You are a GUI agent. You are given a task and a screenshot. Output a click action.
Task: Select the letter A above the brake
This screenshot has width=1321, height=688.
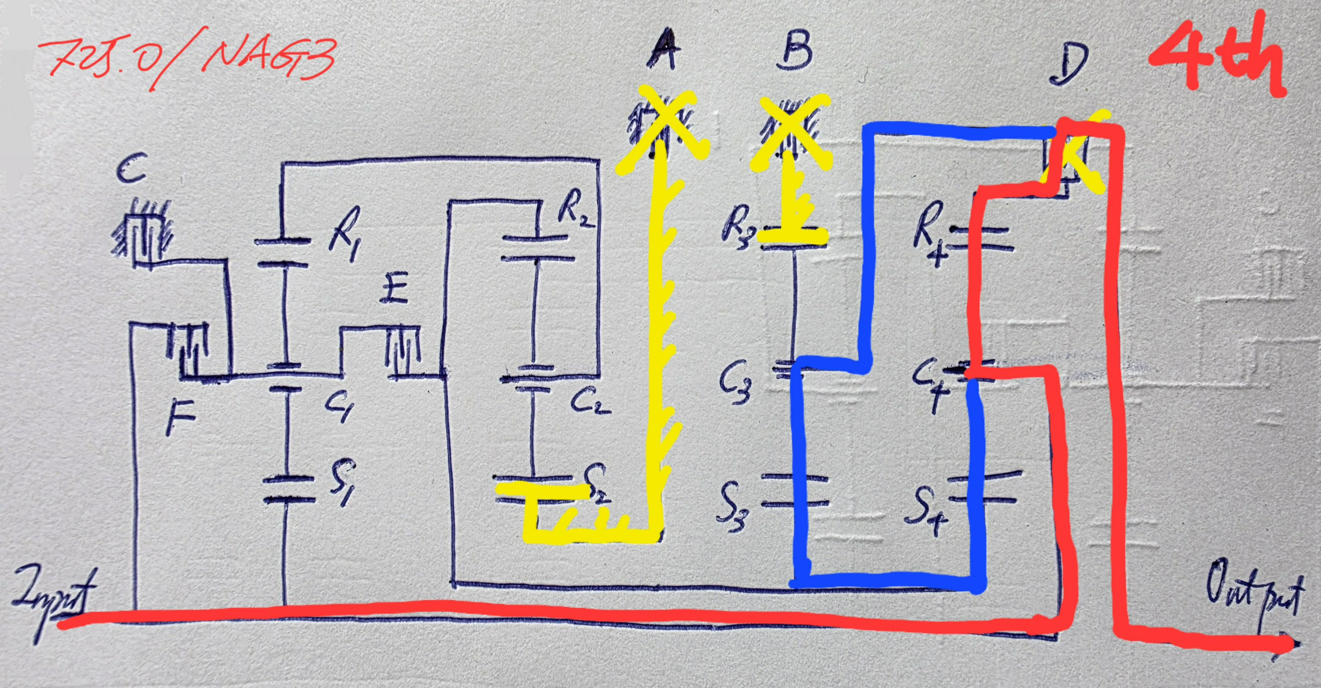click(664, 54)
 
